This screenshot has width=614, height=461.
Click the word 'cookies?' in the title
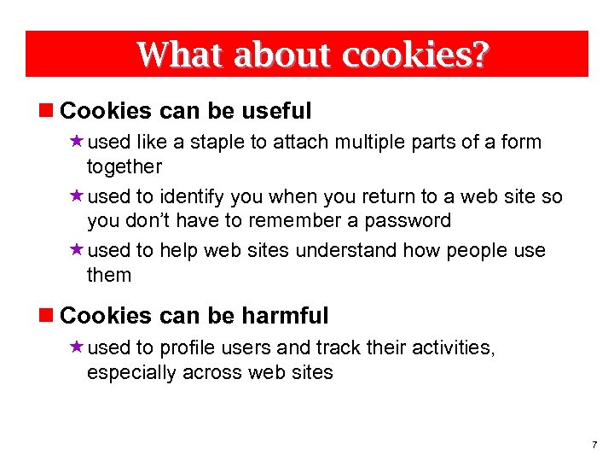416,55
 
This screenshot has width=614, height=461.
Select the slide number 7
594,446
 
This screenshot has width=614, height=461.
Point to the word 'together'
125,166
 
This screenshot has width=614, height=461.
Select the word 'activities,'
452,348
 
